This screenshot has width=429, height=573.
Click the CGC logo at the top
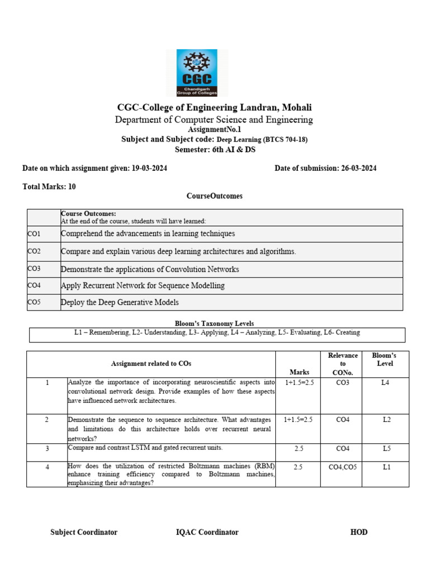pyautogui.click(x=197, y=73)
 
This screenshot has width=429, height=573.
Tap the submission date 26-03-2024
pyautogui.click(x=359, y=168)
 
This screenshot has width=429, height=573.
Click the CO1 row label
pyautogui.click(x=34, y=233)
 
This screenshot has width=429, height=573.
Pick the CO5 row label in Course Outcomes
pyautogui.click(x=34, y=302)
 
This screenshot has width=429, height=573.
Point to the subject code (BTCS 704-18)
pyautogui.click(x=285, y=139)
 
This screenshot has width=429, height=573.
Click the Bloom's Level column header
pyautogui.click(x=384, y=359)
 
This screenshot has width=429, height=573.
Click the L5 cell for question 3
pyautogui.click(x=387, y=449)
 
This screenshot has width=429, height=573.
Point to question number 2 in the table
pyautogui.click(x=47, y=419)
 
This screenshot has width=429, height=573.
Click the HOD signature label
pyautogui.click(x=359, y=532)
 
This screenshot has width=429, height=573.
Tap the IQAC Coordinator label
pyautogui.click(x=207, y=532)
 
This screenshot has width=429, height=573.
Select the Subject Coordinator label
pyautogui.click(x=84, y=532)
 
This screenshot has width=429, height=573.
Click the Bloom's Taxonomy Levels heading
pyautogui.click(x=214, y=323)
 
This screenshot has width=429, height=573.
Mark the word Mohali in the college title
pyautogui.click(x=297, y=107)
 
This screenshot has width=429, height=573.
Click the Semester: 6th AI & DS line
pyautogui.click(x=214, y=149)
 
